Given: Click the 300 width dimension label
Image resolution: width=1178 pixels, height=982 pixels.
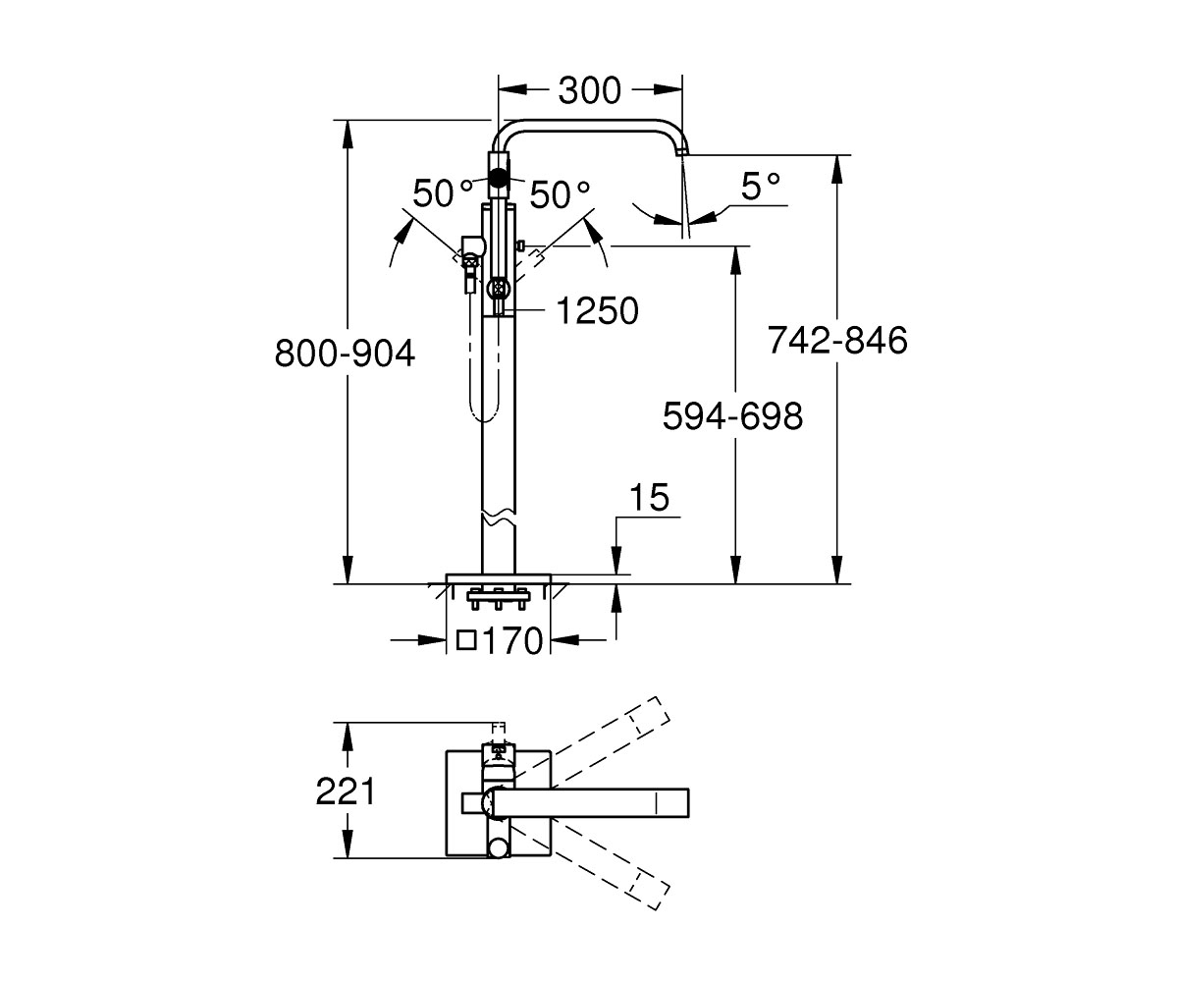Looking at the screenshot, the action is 590,90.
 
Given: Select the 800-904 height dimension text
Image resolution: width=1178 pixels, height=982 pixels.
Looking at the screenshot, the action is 345,354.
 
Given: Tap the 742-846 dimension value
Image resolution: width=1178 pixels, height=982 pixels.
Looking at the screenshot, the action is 837,340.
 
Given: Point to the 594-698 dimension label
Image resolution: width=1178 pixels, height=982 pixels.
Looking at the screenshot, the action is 732,416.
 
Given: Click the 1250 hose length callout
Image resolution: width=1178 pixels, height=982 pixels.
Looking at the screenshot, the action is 598,310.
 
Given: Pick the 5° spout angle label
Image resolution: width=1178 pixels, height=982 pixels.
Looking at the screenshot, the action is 761,187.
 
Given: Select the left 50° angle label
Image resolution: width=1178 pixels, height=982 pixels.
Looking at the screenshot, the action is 443,192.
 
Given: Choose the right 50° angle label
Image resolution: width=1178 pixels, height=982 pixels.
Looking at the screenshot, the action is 560,194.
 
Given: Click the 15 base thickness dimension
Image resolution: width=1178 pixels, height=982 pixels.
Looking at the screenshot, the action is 649,497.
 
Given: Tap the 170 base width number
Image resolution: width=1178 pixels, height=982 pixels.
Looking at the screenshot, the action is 512,640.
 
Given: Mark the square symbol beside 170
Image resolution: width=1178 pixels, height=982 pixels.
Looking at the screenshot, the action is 466,640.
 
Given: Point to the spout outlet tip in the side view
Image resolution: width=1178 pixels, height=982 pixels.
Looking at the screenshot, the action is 681,151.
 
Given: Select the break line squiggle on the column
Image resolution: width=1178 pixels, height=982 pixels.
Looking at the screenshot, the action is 499,519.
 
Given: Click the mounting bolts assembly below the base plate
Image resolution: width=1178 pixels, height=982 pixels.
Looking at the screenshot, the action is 498,598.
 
